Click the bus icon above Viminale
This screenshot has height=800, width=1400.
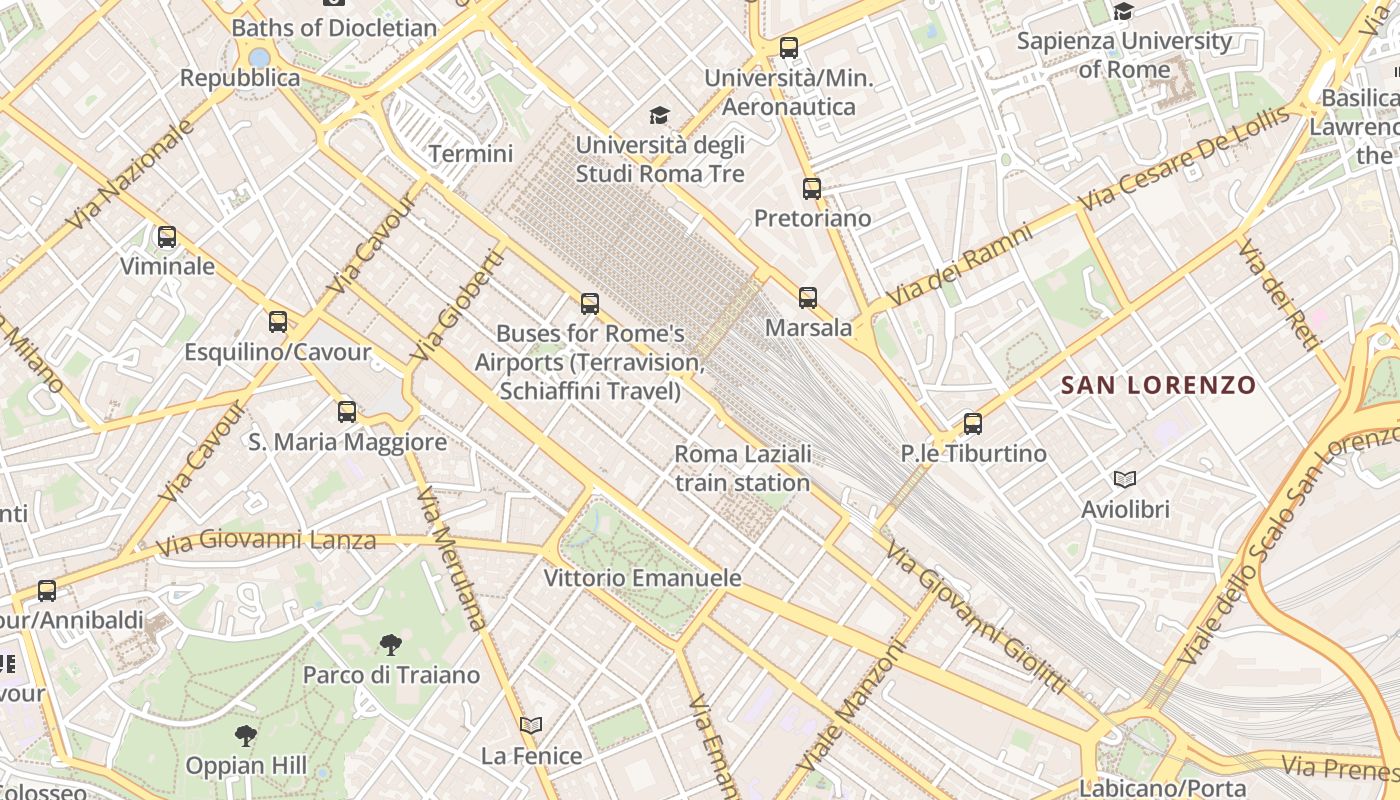pos(167,237)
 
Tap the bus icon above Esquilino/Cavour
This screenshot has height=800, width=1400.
pos(278,322)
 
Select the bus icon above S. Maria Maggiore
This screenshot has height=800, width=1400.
pos(347,411)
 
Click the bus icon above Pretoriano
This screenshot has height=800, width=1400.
pos(812,188)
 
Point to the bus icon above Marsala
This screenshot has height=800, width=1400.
pos(808,297)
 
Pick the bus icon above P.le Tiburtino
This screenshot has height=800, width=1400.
pos(973,423)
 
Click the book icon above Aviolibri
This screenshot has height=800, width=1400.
pos(1125,479)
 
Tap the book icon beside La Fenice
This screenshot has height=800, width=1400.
pos(531,725)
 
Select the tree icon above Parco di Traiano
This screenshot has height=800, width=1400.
pos(391,645)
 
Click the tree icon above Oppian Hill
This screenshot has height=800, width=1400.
pos(246,737)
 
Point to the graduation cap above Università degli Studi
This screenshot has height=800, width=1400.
pos(659,116)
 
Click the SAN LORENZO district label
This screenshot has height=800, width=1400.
pos(1158,385)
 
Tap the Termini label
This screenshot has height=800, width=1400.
pos(471,154)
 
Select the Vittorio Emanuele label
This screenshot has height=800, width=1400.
pos(642,578)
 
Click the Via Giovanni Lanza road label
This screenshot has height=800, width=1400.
pos(267,541)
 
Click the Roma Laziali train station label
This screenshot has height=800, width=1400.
pos(742,468)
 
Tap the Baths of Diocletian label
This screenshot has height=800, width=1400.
pos(334,28)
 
